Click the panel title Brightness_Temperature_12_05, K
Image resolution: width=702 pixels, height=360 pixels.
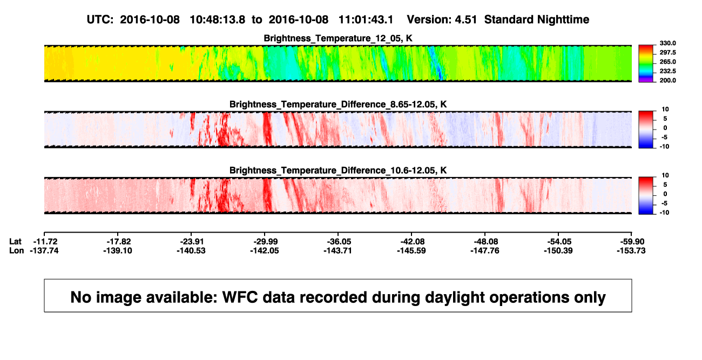pos(338,38)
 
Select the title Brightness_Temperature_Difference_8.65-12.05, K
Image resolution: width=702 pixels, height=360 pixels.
pos(338,104)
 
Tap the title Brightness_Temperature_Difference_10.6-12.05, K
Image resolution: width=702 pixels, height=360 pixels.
pos(338,171)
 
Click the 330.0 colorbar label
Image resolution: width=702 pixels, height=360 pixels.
pos(667,43)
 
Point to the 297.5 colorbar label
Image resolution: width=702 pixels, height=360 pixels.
pos(667,52)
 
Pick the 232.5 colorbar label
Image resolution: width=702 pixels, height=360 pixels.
pos(667,71)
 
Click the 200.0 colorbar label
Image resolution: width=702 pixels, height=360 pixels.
pos(667,80)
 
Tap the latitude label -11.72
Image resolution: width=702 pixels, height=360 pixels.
pos(45,242)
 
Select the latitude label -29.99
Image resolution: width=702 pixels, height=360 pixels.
pos(266,242)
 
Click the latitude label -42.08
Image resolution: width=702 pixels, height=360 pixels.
pos(413,242)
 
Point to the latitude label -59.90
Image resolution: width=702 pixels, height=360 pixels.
pos(632,242)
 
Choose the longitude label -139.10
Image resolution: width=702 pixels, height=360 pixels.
pos(118,250)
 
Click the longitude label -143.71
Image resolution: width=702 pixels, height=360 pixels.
pos(338,250)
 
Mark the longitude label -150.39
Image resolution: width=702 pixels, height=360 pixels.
pos(558,250)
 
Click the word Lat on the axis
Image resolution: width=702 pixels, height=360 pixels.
pos(15,242)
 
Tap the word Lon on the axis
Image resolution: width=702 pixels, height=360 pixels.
pos(16,250)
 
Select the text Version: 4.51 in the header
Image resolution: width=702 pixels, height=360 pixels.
pos(442,19)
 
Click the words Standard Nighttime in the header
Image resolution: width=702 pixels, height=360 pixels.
pos(537,19)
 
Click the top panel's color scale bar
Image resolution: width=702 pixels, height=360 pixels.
pos(646,64)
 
